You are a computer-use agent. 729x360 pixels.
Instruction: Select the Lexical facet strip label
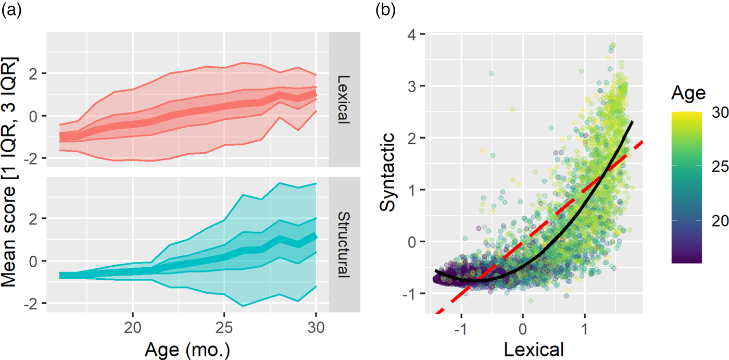tap(344, 100)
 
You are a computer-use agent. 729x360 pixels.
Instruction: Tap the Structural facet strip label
tap(344, 245)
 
